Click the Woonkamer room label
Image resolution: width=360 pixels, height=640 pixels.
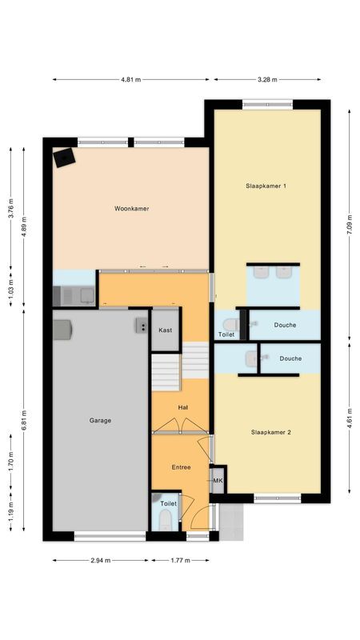[132, 209]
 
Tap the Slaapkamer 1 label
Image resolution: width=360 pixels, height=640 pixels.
[266, 186]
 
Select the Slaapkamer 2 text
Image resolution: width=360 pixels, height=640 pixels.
[270, 432]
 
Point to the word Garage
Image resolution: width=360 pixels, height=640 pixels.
[100, 420]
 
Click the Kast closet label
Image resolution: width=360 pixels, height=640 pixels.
[166, 330]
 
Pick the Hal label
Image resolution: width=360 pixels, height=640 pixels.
[182, 406]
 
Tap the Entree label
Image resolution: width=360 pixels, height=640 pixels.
[181, 467]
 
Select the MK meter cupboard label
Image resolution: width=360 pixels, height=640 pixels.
[218, 481]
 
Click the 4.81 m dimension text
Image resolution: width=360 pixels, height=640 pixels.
[130, 80]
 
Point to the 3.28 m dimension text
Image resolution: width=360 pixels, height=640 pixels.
[266, 80]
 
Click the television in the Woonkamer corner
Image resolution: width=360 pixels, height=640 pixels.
[64, 158]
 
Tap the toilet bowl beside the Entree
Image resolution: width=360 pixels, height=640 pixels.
[164, 521]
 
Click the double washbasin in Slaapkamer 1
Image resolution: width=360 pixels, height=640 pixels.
[273, 272]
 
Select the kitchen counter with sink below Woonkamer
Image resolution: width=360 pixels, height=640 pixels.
[74, 296]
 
